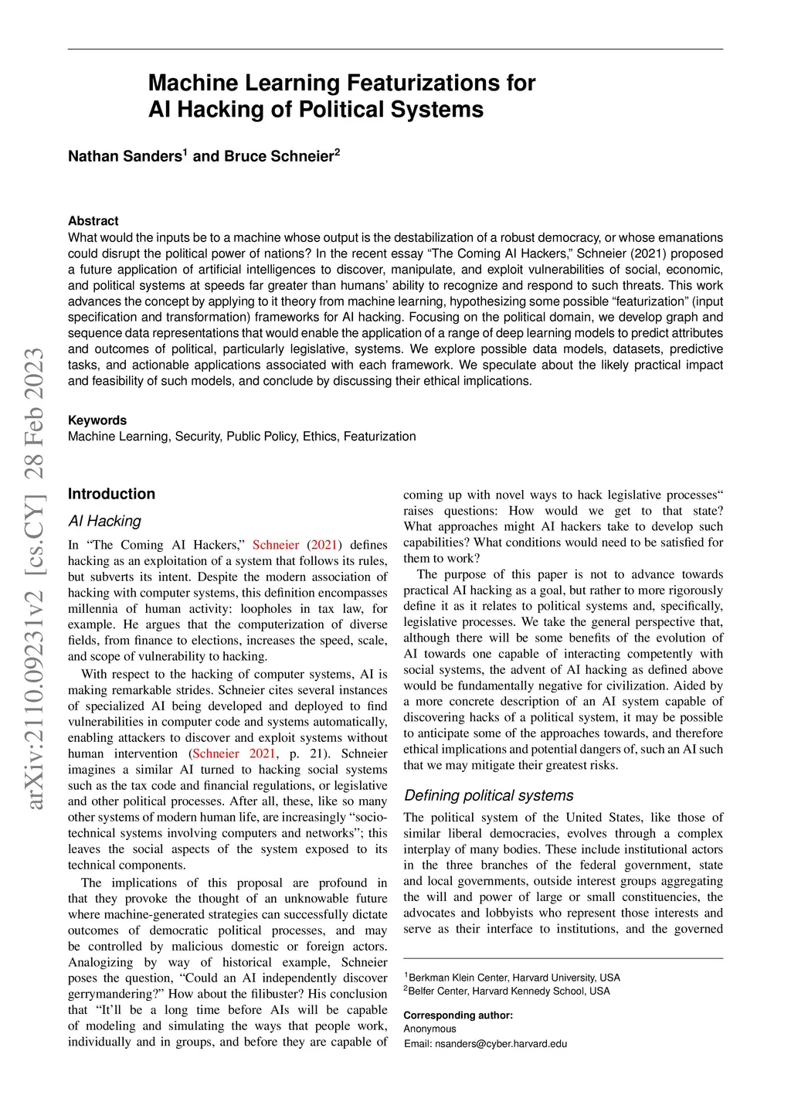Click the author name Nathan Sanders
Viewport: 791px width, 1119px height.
(x=124, y=157)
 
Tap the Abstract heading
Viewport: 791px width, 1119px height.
(x=93, y=221)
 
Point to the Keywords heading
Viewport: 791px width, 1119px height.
(x=97, y=420)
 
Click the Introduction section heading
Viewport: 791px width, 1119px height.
(x=111, y=494)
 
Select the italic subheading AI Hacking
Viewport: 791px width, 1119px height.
(x=104, y=521)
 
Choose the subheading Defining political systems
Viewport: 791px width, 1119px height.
(x=488, y=795)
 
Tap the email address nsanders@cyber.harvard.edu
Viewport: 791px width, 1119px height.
(x=501, y=1043)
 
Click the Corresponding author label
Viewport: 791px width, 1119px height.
(x=458, y=1015)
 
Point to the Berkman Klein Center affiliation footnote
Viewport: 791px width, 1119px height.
(x=513, y=978)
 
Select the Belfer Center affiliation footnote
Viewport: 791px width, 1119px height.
(x=508, y=991)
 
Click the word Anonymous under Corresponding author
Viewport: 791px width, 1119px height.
(x=429, y=1029)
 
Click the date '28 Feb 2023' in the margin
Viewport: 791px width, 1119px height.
(x=36, y=413)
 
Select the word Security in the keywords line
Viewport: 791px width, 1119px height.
(x=198, y=437)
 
